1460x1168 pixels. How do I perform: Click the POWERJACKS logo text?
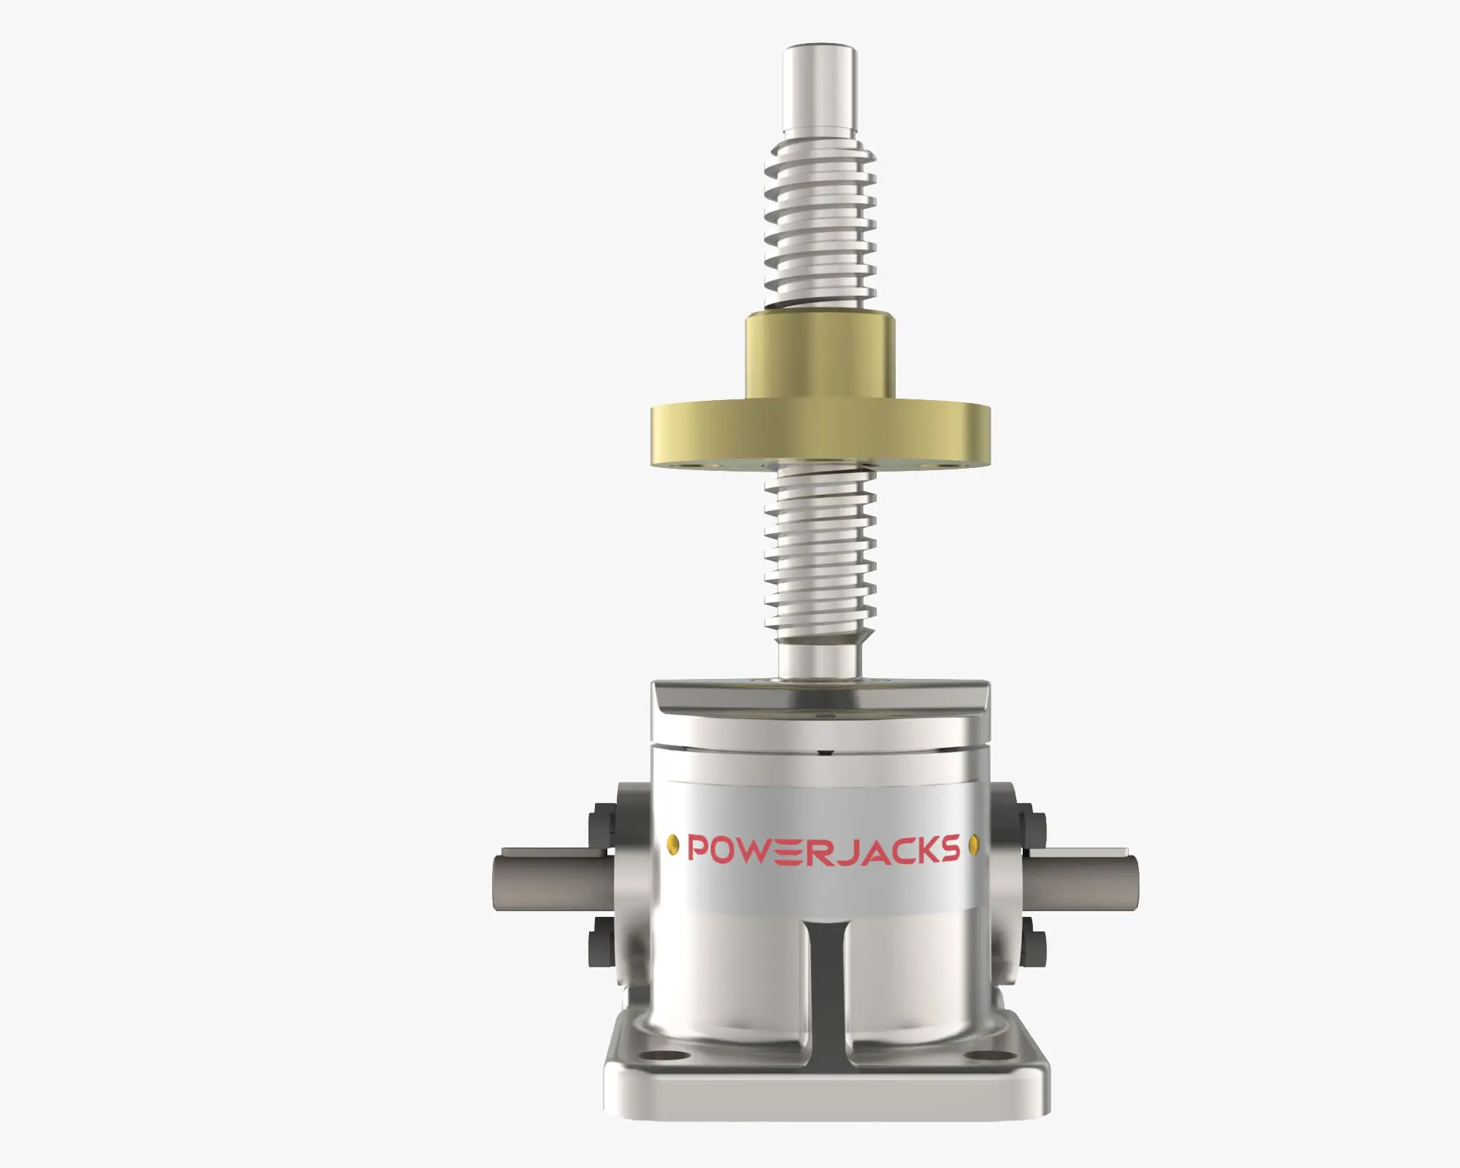click(823, 849)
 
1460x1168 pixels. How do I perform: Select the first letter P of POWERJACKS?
click(699, 849)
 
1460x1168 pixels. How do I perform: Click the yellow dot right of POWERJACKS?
click(973, 846)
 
